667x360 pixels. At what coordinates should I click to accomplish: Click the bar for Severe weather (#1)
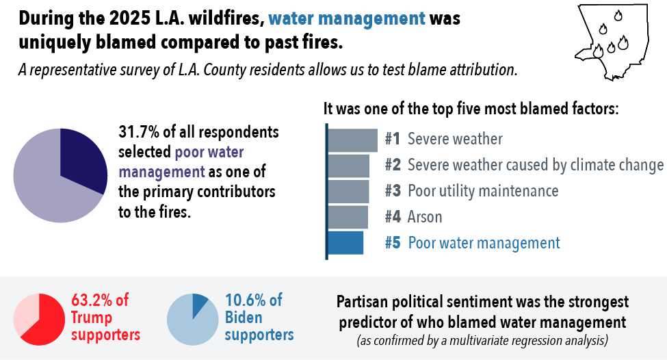pos(352,140)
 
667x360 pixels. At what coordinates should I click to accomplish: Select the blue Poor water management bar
pos(345,243)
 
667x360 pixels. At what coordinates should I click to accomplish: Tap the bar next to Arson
pos(348,217)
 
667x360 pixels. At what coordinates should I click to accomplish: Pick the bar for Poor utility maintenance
pos(348,192)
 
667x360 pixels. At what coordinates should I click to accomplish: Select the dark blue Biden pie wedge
pos(199,305)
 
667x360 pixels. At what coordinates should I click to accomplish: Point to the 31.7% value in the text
pos(139,132)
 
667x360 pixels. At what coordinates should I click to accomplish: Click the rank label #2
pos(393,165)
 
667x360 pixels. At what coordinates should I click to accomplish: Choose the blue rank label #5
pos(393,242)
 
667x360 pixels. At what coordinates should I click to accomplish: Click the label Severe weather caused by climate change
pos(536,165)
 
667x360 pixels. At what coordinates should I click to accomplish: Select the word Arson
pos(425,217)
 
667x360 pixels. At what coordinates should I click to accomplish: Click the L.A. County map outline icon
pos(612,42)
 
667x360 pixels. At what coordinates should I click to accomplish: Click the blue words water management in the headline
pos(347,18)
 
